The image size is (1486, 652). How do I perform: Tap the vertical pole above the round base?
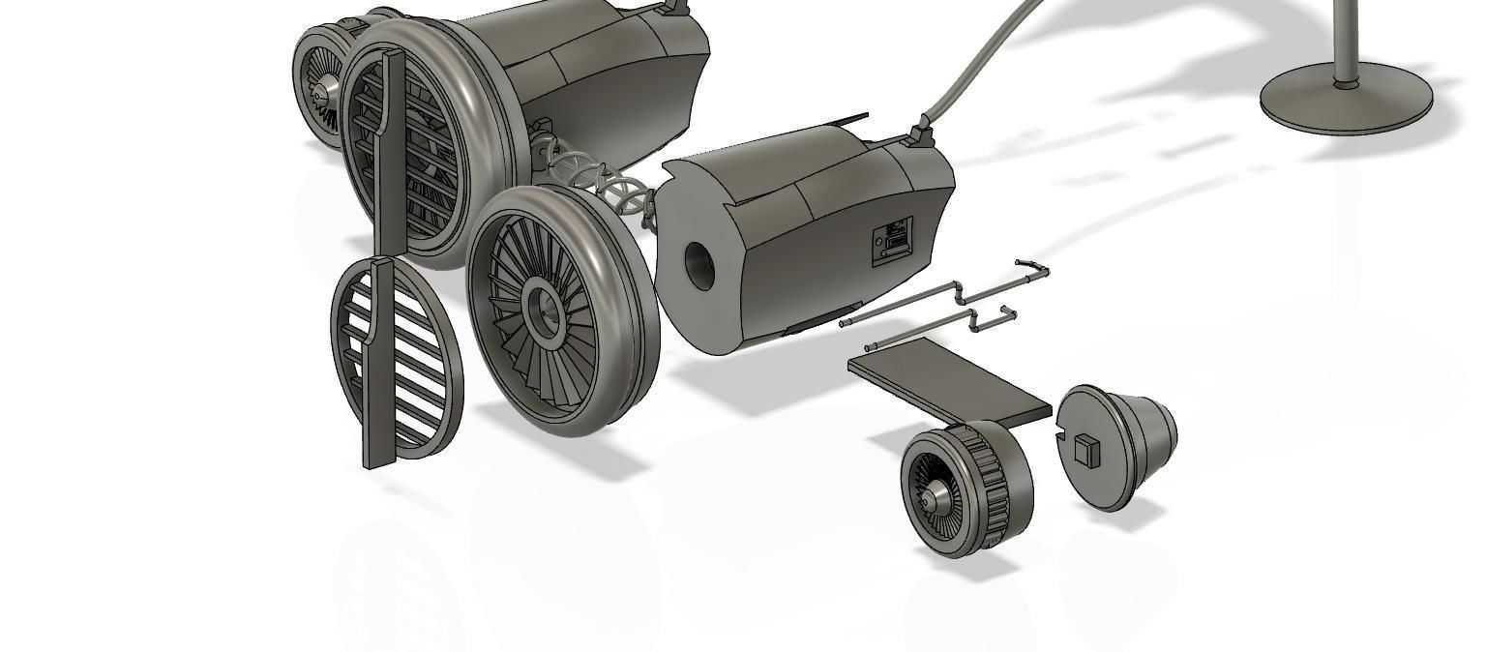[1345, 39]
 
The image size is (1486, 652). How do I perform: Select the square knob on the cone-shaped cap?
[1088, 450]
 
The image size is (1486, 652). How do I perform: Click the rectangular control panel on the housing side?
[892, 240]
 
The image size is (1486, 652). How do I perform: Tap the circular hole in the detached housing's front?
[698, 267]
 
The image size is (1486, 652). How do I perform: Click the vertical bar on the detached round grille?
[378, 368]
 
